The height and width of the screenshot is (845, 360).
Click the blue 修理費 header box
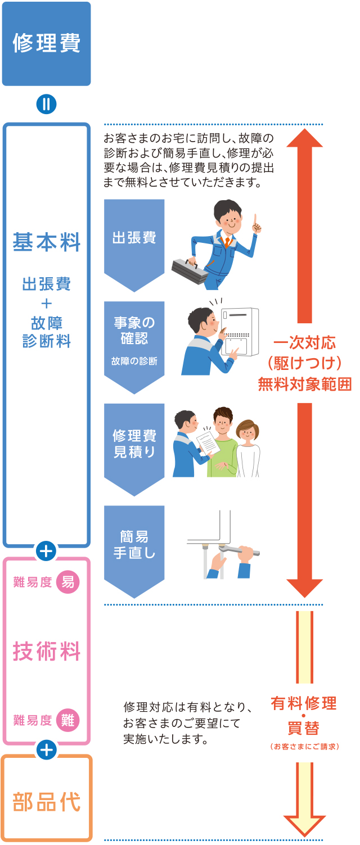(x=46, y=44)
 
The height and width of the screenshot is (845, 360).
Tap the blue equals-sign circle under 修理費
(x=46, y=105)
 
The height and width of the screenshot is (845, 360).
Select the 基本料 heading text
(x=46, y=243)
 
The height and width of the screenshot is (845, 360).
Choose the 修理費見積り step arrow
(x=134, y=444)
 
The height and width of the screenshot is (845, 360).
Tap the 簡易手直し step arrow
(x=134, y=545)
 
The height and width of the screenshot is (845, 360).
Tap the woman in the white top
(x=247, y=450)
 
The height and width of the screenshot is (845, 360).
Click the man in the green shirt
(x=223, y=444)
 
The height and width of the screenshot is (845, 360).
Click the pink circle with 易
(x=68, y=582)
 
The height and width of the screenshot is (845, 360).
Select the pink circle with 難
(x=68, y=720)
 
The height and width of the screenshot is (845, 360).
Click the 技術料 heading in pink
(x=46, y=652)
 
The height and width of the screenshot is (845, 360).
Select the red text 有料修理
(x=303, y=703)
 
